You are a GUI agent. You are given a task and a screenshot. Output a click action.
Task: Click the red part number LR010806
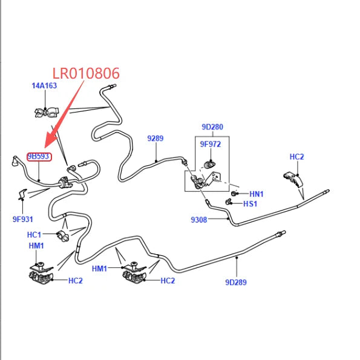pyautogui.click(x=86, y=73)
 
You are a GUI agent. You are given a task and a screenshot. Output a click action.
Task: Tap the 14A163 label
pyautogui.click(x=44, y=86)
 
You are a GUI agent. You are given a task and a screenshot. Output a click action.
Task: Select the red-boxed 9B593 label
pyautogui.click(x=38, y=156)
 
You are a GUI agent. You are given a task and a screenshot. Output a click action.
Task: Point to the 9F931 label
pyautogui.click(x=23, y=219)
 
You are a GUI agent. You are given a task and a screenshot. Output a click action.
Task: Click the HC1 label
pyautogui.click(x=34, y=235)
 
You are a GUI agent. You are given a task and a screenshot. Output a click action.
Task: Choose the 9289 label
pyautogui.click(x=155, y=138)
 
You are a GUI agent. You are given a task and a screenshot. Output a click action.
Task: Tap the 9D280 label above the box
pyautogui.click(x=212, y=126)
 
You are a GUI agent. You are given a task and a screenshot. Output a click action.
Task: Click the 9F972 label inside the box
pyautogui.click(x=211, y=144)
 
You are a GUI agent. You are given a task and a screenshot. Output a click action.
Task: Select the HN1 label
pyautogui.click(x=257, y=194)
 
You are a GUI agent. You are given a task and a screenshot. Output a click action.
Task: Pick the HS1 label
pyautogui.click(x=250, y=204)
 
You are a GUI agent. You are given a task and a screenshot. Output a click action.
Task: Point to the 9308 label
pyautogui.click(x=199, y=220)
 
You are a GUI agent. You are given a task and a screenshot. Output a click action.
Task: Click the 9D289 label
pyautogui.click(x=236, y=282)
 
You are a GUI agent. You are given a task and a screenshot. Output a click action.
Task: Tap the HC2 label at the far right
pyautogui.click(x=297, y=157)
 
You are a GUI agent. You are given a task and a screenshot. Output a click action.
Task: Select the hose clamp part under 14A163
pyautogui.click(x=47, y=113)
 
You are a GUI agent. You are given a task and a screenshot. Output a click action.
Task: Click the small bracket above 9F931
pyautogui.click(x=22, y=194)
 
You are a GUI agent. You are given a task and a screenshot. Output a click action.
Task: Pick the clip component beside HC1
pyautogui.click(x=63, y=236)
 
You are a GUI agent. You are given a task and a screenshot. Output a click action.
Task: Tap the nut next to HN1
pyautogui.click(x=234, y=194)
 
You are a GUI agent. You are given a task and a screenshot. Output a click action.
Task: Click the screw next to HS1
pyautogui.click(x=228, y=202)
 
